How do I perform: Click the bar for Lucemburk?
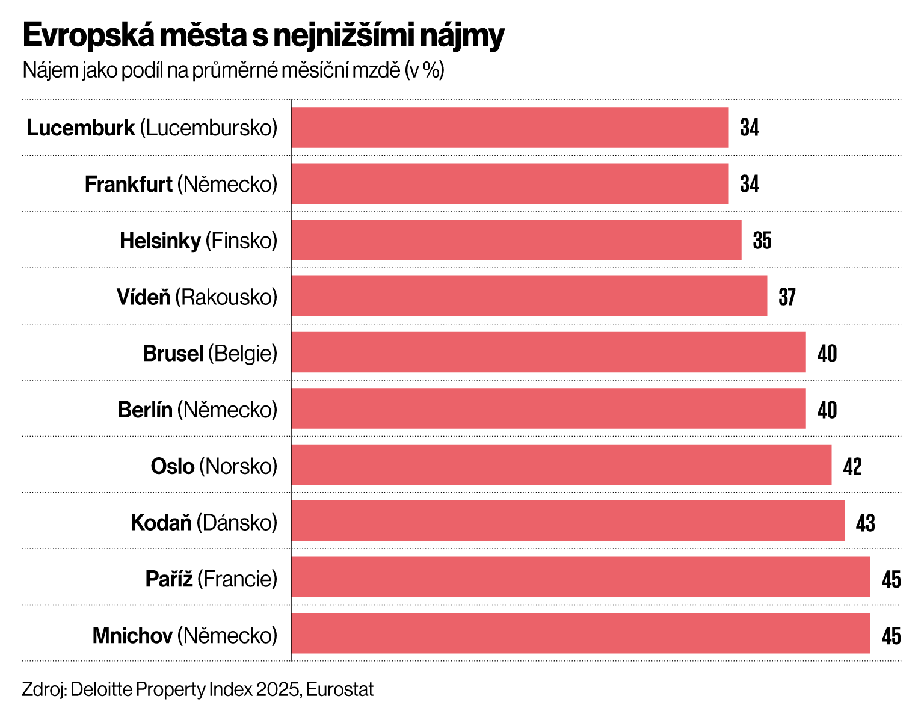tap(510, 128)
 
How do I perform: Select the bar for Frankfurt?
tap(510, 183)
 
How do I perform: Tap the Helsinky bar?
tap(516, 240)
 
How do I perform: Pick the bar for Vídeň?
tap(529, 296)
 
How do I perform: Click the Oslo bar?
tap(561, 464)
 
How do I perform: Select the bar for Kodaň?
tap(567, 521)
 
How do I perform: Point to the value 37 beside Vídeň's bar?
tap(787, 297)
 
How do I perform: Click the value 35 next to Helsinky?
tap(762, 241)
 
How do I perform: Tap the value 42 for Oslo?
tap(852, 467)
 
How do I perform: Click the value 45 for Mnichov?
tap(891, 636)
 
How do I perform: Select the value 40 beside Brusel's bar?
tap(827, 354)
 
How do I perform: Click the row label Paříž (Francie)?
tap(211, 579)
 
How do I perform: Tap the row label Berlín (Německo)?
tap(197, 410)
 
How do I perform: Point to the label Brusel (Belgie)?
tap(210, 354)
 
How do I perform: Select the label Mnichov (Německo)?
tap(185, 635)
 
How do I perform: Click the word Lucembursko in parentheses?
tap(209, 128)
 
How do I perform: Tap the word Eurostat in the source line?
tap(340, 689)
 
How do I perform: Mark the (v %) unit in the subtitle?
tap(425, 71)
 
